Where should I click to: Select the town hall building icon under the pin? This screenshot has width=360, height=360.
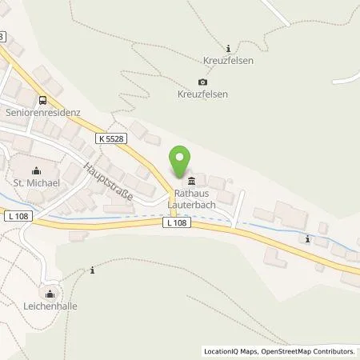pos(191,178)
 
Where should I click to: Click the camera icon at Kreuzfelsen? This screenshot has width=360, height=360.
pos(202,82)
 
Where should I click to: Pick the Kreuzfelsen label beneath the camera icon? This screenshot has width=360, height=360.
pos(202,94)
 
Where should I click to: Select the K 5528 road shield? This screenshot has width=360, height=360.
pos(114,138)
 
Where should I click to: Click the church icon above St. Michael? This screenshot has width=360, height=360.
pos(35,170)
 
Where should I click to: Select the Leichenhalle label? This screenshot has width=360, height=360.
pos(51,305)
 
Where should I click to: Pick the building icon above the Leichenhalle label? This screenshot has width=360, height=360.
pos(51,292)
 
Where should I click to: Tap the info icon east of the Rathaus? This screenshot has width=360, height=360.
pos(307,238)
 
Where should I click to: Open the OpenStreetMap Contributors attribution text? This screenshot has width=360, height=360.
pos(303,351)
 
